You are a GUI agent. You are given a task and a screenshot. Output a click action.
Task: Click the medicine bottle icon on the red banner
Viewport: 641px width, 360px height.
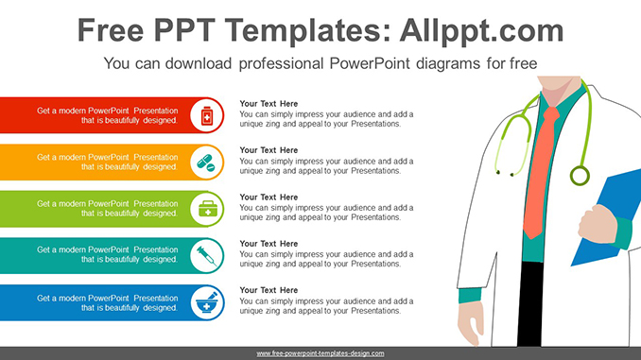(205, 116)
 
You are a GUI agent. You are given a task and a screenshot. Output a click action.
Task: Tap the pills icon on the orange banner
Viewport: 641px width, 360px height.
(205, 163)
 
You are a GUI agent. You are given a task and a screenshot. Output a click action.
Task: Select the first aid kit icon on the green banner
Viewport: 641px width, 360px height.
(205, 209)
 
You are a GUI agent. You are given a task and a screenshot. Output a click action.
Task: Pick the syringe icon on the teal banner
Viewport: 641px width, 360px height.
(205, 255)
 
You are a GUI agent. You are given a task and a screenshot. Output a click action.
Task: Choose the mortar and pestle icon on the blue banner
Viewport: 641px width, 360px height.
(205, 301)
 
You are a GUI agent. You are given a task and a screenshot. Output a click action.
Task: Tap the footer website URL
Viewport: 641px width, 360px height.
(320, 352)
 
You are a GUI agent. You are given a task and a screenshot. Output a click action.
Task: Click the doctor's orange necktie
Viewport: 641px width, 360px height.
(535, 180)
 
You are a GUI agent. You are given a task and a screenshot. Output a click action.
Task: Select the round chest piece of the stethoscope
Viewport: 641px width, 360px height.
(579, 175)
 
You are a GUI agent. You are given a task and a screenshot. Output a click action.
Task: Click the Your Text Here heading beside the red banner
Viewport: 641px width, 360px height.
(269, 104)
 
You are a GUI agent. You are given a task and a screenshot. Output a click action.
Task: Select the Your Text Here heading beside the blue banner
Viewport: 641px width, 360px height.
(269, 290)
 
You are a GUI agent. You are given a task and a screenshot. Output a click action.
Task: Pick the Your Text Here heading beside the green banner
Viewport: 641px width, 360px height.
(269, 197)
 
